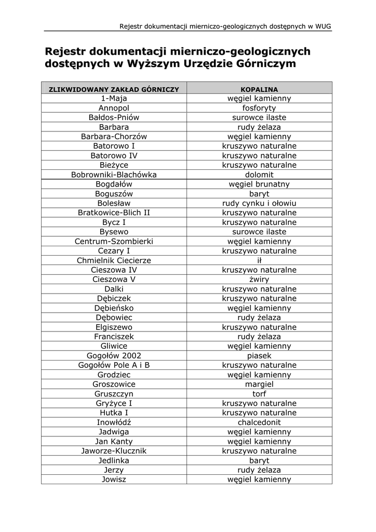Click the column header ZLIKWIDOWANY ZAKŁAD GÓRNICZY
click(114, 89)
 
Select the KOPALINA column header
click(259, 89)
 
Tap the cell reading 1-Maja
click(114, 98)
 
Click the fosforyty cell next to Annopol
click(259, 108)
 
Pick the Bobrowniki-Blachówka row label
click(114, 175)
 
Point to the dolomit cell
click(259, 175)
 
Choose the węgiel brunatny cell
click(259, 184)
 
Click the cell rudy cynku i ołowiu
click(259, 203)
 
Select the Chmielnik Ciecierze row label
click(114, 260)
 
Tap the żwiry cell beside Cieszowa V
click(259, 280)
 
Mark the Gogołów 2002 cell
click(114, 356)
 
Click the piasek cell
click(259, 356)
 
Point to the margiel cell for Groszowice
click(259, 384)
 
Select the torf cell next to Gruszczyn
click(259, 394)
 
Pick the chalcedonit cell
click(259, 422)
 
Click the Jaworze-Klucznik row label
click(114, 451)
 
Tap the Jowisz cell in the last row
click(114, 480)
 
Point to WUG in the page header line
click(323, 26)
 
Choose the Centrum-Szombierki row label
click(114, 242)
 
